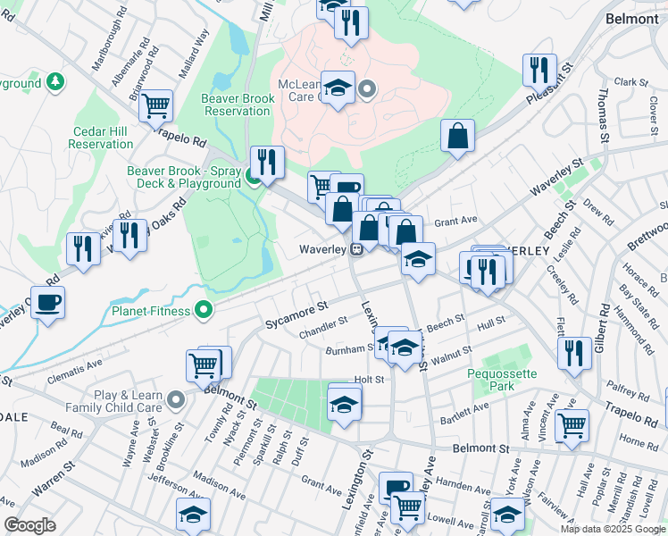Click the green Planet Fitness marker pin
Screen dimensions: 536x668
pyautogui.click(x=205, y=311)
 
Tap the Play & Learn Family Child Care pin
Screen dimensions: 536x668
pyautogui.click(x=176, y=399)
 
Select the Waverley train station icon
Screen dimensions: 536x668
pyautogui.click(x=355, y=249)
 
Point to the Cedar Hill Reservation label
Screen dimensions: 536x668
pyautogui.click(x=101, y=138)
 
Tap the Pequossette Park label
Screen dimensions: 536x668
pyautogui.click(x=490, y=380)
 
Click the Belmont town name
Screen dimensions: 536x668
pyautogui.click(x=631, y=18)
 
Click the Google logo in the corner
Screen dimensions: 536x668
pyautogui.click(x=30, y=524)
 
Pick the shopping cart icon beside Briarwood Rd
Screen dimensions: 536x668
pyautogui.click(x=156, y=105)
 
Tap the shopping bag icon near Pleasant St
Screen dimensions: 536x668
pyautogui.click(x=457, y=137)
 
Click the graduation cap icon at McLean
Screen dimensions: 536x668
pyautogui.click(x=338, y=88)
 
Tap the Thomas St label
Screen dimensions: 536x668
pyautogui.click(x=604, y=114)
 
